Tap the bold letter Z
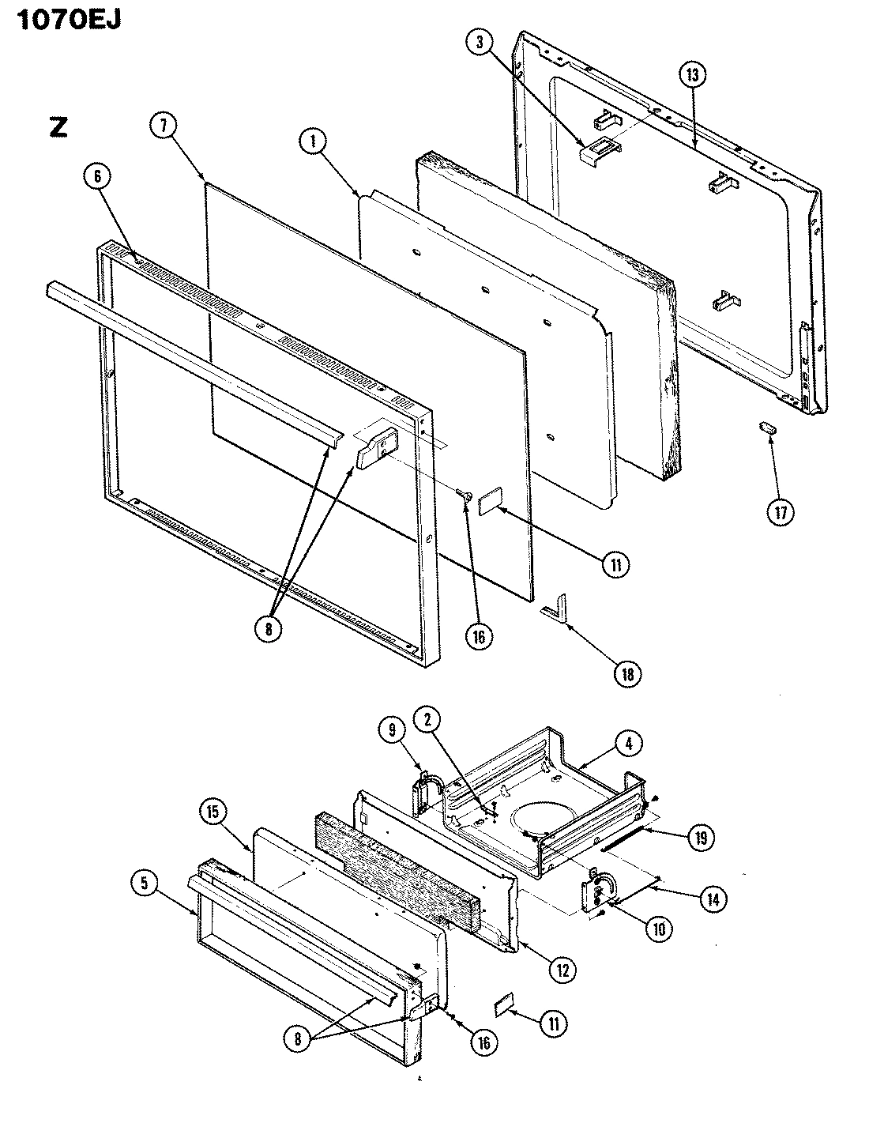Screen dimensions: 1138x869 [x=58, y=127]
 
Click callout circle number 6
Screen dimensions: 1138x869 [x=98, y=178]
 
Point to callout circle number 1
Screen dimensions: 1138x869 [x=314, y=141]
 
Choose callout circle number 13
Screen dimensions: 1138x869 [x=692, y=75]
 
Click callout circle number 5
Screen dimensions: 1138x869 [x=144, y=884]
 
